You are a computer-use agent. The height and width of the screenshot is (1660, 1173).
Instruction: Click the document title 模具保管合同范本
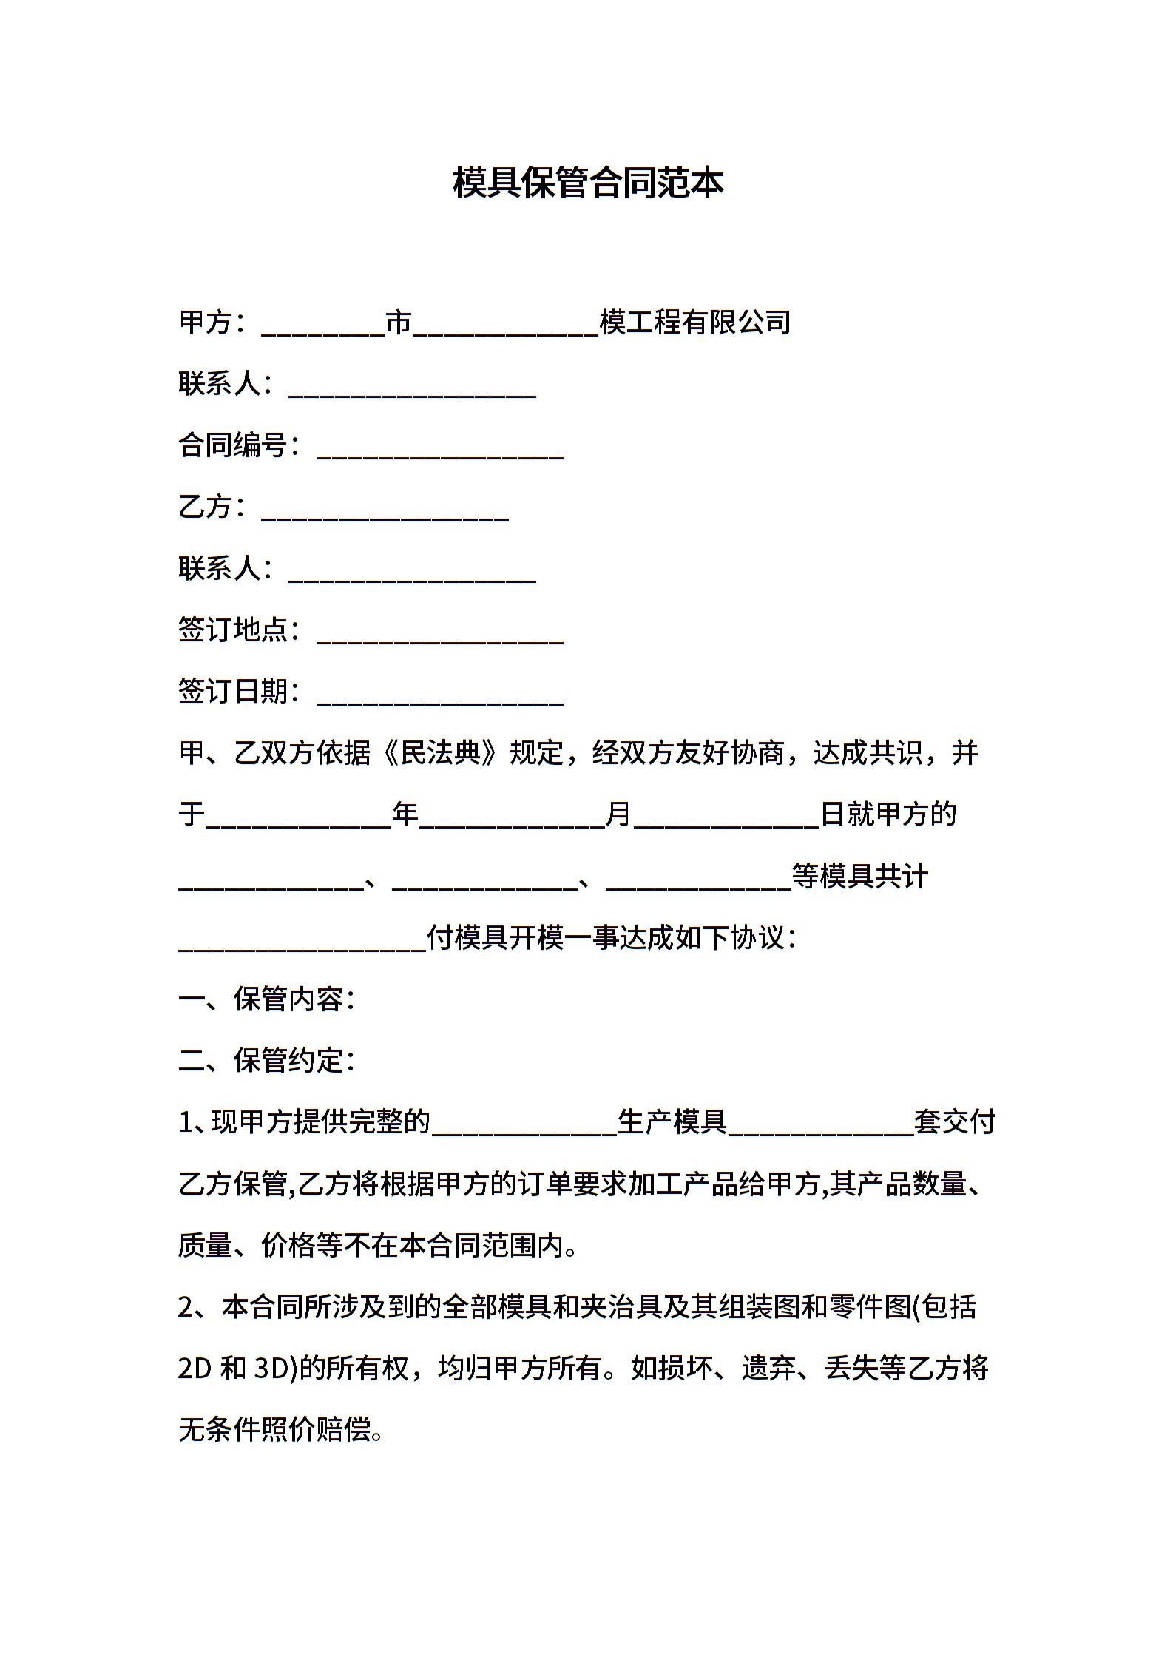pos(587,183)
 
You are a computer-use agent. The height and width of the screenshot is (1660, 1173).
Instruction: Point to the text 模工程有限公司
pos(695,323)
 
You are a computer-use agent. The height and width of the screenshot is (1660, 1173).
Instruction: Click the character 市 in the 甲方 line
pos(399,323)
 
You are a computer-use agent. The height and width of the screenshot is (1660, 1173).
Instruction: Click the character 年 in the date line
pos(405,814)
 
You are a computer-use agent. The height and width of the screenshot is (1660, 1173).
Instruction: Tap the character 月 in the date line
pos(618,814)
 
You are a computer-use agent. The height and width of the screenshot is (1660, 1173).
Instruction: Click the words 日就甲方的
pos(888,814)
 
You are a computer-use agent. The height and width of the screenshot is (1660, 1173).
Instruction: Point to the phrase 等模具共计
pos(860,877)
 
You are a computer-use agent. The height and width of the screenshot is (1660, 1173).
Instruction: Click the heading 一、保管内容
pos(266,999)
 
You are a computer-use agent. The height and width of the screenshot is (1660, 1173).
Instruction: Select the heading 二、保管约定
pos(266,1061)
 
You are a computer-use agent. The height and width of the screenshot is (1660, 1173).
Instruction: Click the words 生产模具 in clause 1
pos(672,1122)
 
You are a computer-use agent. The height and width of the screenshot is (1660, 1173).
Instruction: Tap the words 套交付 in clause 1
pos(955,1122)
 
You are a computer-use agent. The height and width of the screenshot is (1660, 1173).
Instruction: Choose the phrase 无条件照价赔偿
pos(274,1430)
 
